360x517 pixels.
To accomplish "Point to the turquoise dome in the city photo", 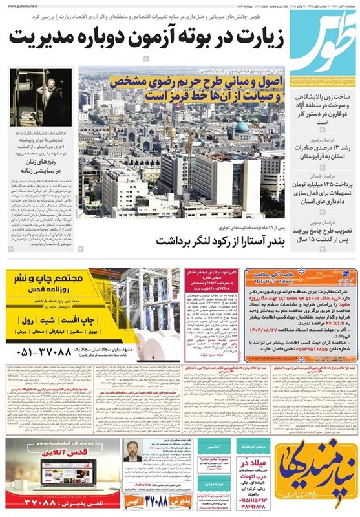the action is tap(240, 127).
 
